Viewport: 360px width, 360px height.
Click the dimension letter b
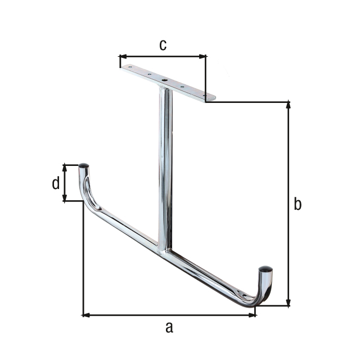(298, 204)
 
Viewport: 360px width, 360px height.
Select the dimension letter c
(163, 45)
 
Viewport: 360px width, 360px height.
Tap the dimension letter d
(55, 183)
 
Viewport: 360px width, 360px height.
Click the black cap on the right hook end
(265, 270)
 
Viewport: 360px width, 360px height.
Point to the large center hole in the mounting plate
(164, 80)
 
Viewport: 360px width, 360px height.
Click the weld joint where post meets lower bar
(164, 250)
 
